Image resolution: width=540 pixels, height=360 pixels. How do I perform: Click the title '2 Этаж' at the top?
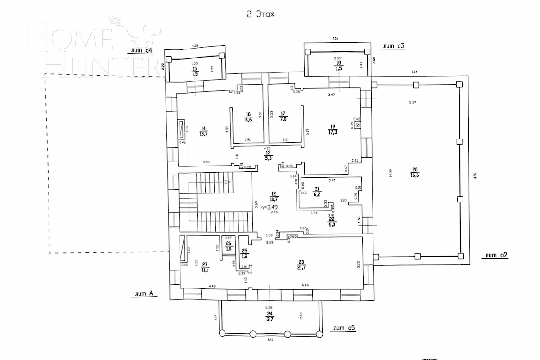point(260,14)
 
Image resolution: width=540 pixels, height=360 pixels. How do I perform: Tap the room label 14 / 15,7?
point(203,131)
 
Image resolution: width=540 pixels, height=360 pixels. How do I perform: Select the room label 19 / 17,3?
point(333,130)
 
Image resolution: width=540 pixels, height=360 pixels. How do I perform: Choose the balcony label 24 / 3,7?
point(270,315)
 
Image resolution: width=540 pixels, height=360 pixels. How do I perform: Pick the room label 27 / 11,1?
point(205,267)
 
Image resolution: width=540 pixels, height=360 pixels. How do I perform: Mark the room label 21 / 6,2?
point(317,192)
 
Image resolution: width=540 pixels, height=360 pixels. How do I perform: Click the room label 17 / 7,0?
point(283,117)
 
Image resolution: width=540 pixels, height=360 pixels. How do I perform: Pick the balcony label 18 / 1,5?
point(339,67)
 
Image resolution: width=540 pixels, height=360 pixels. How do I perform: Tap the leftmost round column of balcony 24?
point(221,333)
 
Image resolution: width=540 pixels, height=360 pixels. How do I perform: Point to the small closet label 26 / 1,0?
point(229,246)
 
